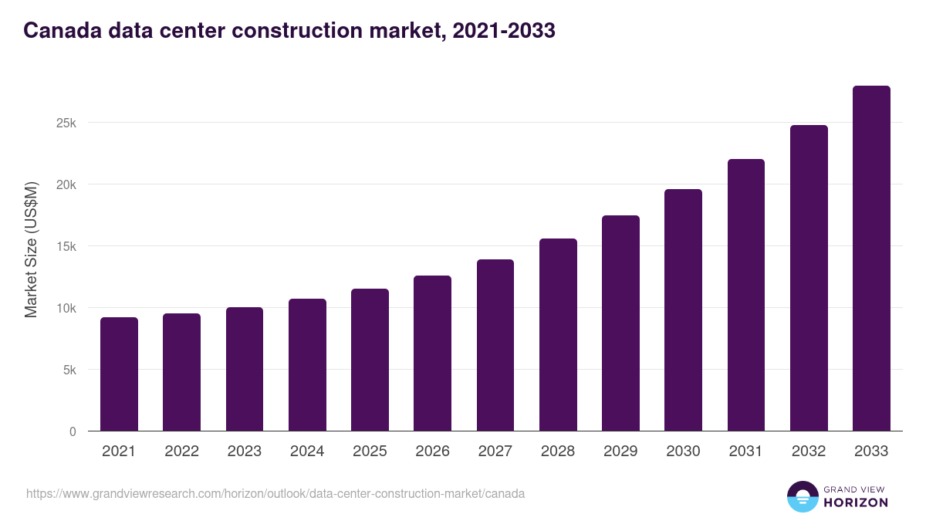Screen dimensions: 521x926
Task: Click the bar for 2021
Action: [119, 374]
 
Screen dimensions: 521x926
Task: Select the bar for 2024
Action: [307, 365]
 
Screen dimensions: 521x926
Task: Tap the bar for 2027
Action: [495, 345]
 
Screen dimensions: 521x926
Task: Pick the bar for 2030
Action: [683, 310]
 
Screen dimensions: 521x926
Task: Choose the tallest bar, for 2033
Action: [871, 259]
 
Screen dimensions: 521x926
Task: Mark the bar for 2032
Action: [809, 278]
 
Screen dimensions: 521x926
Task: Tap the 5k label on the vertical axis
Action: [70, 370]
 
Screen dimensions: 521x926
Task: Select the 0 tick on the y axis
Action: [73, 431]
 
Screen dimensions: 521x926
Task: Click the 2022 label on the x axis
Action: [181, 452]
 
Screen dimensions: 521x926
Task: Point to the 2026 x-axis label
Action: [432, 452]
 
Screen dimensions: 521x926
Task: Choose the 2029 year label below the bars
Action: [620, 452]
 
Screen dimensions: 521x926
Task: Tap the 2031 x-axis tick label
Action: [746, 452]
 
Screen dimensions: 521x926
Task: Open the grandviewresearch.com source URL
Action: [275, 493]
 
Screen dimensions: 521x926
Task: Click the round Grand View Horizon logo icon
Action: [802, 496]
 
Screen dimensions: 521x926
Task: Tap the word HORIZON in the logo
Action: [855, 502]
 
